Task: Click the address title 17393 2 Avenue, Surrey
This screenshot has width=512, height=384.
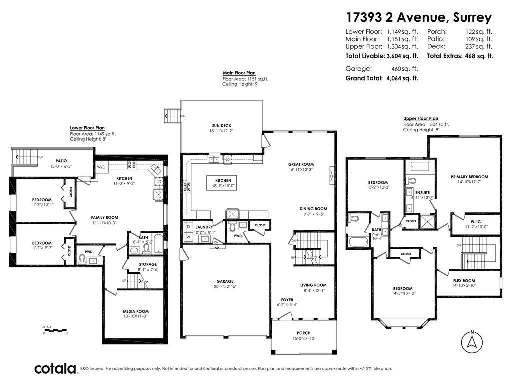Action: click(419, 18)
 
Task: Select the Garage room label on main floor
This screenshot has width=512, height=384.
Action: click(225, 281)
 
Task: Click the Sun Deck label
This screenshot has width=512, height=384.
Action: click(221, 125)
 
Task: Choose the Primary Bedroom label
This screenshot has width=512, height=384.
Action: click(469, 177)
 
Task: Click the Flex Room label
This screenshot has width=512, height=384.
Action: click(464, 281)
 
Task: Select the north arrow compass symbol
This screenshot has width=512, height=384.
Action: click(471, 341)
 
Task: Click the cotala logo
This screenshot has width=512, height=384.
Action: click(55, 369)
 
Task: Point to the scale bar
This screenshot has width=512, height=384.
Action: click(55, 330)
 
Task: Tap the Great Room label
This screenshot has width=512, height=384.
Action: click(301, 164)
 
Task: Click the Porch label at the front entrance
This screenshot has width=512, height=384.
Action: click(303, 333)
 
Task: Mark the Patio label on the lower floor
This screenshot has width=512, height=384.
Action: click(58, 160)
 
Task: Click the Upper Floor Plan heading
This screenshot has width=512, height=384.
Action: click(420, 119)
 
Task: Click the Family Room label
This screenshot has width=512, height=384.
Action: click(104, 217)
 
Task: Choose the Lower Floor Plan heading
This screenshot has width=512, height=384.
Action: click(87, 128)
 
